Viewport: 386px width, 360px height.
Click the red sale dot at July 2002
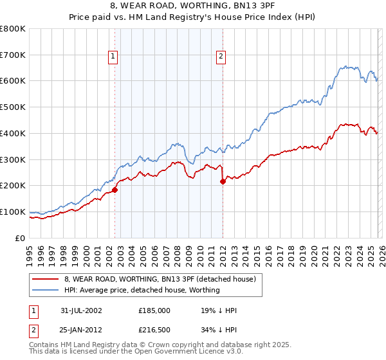tap(115, 190)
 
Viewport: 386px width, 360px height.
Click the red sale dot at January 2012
tap(223, 181)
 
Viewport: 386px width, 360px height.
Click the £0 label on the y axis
tap(21, 238)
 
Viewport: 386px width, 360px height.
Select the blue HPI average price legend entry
tap(142, 290)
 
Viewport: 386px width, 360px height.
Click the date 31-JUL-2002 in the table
tap(81, 310)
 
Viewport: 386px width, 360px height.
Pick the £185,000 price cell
tap(154, 310)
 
